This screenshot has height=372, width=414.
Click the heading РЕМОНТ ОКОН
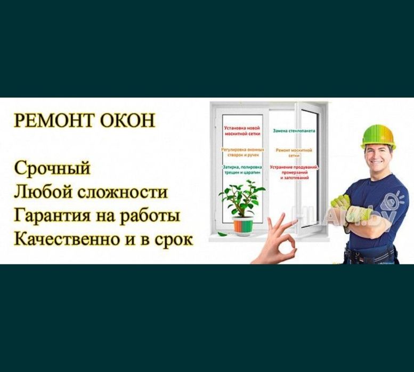84,120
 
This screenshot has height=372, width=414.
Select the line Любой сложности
91,192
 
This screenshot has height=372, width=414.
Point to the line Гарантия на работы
96,216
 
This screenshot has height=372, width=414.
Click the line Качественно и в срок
103,239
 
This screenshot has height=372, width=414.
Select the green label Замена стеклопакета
294,130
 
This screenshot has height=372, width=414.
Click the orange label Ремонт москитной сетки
294,153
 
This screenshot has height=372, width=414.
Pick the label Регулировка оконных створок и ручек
242,153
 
